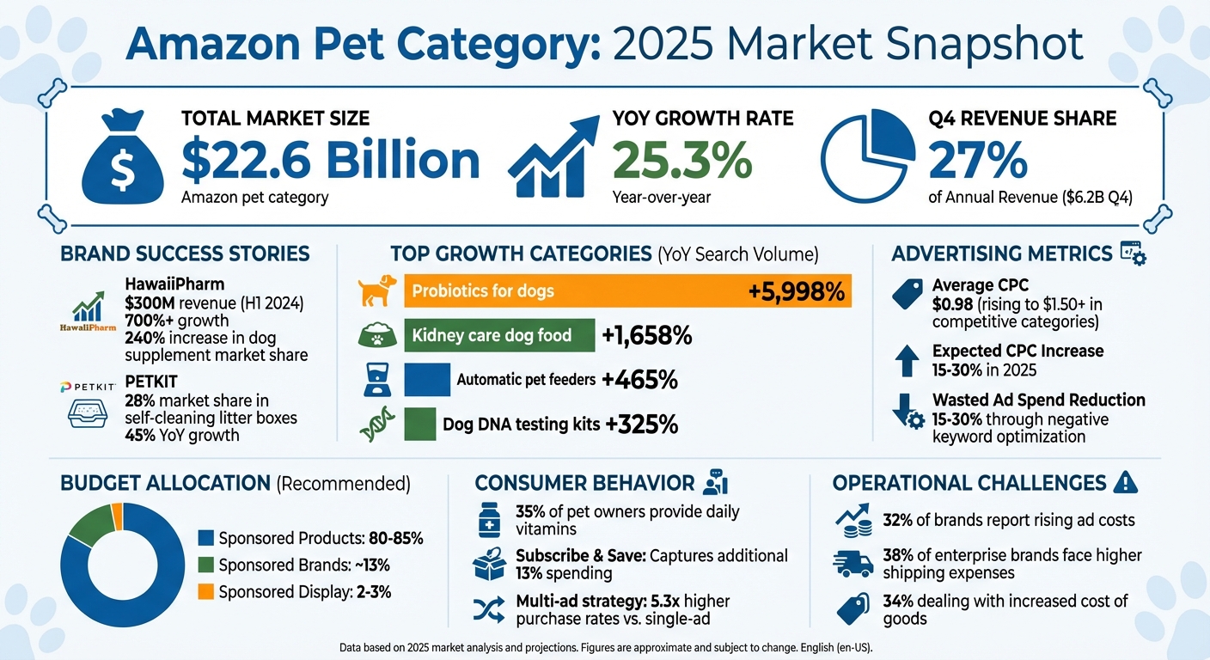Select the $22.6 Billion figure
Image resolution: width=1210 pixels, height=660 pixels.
(x=331, y=160)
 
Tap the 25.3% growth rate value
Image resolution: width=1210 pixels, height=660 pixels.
(x=681, y=160)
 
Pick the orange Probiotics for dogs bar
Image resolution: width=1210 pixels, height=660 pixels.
(x=627, y=290)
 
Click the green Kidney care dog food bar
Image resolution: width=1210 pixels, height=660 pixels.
(x=499, y=335)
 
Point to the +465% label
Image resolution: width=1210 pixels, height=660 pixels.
(x=640, y=379)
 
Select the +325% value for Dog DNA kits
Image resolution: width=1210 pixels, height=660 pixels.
(x=642, y=424)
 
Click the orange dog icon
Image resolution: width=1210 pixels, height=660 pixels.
(x=377, y=290)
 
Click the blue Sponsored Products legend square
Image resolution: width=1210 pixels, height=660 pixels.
(x=205, y=539)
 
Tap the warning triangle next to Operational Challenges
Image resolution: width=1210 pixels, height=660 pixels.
(x=1125, y=483)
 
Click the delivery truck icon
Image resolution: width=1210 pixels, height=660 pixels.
(x=853, y=564)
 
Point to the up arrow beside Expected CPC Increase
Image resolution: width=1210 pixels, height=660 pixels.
(x=907, y=361)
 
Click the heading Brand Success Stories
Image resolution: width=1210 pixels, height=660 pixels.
(x=185, y=254)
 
